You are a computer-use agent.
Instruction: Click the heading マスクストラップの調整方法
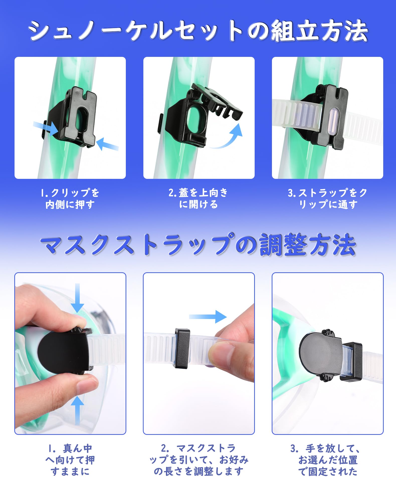(x=198, y=245)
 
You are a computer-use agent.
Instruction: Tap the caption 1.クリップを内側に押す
(x=70, y=198)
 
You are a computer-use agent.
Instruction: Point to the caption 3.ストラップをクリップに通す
(x=328, y=198)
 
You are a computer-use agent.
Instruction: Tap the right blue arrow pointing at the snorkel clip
(x=107, y=145)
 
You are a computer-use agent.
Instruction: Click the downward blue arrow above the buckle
(x=77, y=298)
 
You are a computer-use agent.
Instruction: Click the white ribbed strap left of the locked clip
(x=296, y=114)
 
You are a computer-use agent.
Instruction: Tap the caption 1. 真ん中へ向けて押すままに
(x=70, y=460)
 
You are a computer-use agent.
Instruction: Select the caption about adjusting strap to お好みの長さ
(x=199, y=460)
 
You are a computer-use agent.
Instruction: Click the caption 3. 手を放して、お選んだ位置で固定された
(x=328, y=460)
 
